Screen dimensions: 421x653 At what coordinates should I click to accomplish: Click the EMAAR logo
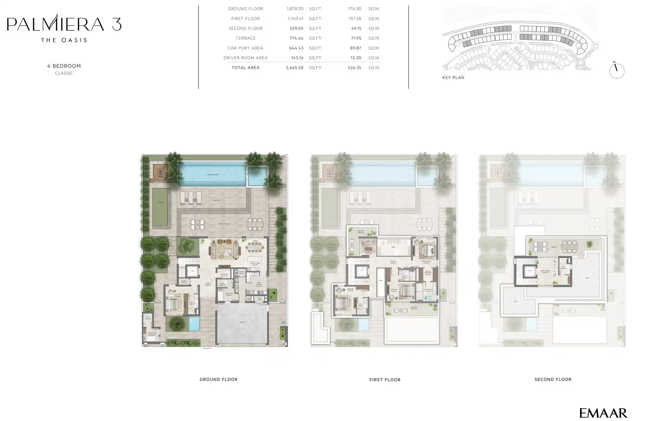click(603, 413)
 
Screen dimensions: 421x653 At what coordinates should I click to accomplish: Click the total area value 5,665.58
click(294, 68)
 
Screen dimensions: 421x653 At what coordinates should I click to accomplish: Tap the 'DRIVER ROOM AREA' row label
click(245, 58)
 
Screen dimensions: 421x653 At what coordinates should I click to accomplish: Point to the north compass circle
click(617, 71)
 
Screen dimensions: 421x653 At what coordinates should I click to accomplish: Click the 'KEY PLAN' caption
click(453, 78)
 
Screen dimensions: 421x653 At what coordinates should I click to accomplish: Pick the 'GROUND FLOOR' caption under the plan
click(218, 380)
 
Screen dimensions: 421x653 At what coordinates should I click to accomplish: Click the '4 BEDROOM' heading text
click(64, 66)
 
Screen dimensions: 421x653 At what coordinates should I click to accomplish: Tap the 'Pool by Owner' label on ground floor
click(213, 175)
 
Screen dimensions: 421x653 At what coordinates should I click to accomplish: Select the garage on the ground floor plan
click(242, 322)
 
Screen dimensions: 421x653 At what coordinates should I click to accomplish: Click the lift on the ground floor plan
click(193, 271)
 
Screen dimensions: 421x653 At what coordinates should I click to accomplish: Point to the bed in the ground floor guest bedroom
click(173, 304)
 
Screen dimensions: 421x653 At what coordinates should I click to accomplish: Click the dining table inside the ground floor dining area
click(255, 247)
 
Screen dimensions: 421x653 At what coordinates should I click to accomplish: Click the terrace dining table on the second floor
click(570, 247)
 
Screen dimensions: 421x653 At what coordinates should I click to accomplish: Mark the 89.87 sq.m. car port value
click(355, 48)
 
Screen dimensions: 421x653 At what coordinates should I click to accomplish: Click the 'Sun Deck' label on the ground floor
click(217, 200)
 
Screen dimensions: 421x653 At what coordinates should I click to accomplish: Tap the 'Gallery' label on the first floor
click(393, 262)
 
